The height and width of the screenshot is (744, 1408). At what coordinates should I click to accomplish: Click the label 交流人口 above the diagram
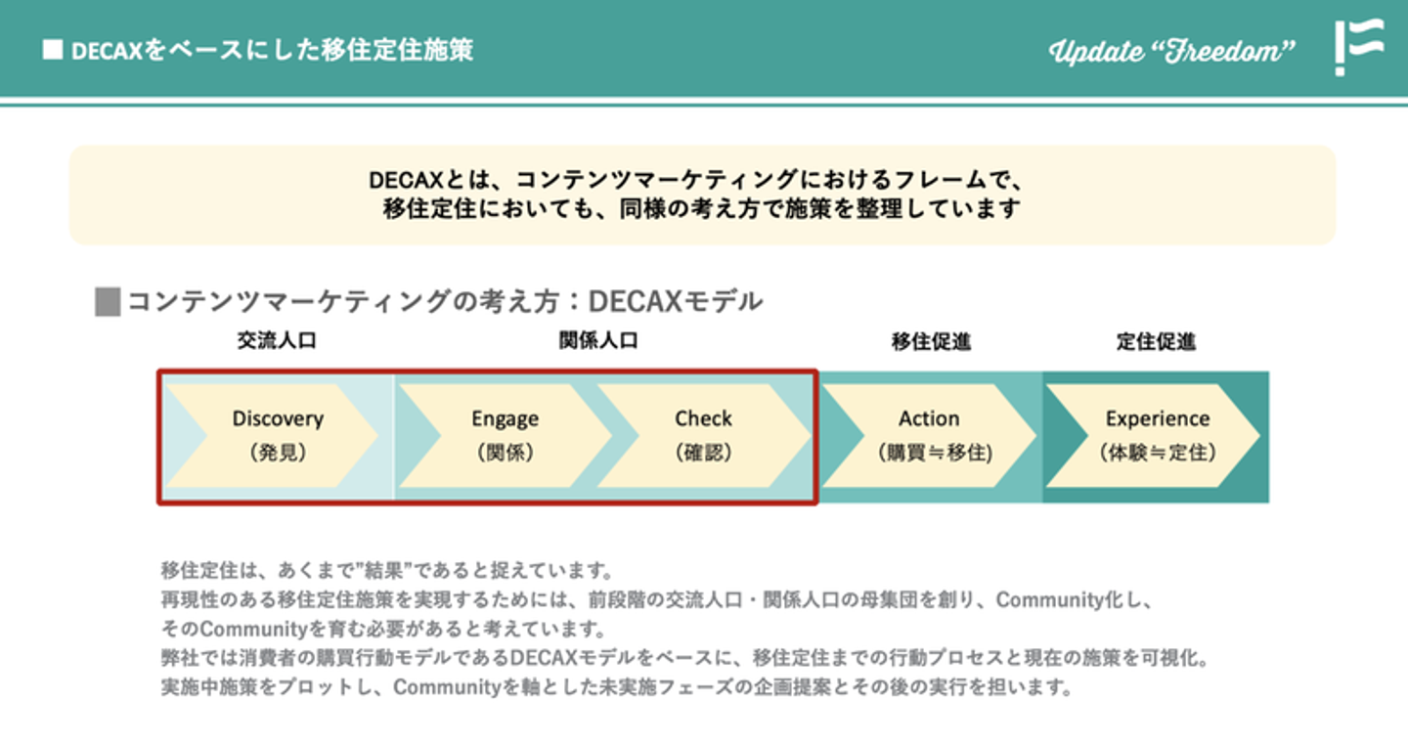(x=277, y=340)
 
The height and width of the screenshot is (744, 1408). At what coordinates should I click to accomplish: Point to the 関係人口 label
(x=598, y=340)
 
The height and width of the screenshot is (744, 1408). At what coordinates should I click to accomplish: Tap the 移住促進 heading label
(x=931, y=342)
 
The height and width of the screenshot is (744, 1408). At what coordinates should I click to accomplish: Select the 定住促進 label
(x=1156, y=342)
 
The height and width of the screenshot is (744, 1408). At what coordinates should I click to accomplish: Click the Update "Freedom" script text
(x=1171, y=51)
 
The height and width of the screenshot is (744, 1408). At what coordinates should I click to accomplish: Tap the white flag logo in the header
(x=1359, y=47)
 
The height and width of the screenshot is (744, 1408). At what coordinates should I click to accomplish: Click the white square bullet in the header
(x=53, y=50)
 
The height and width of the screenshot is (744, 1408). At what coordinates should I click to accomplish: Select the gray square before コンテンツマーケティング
(x=108, y=302)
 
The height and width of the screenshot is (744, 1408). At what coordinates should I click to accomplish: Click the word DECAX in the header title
(x=108, y=51)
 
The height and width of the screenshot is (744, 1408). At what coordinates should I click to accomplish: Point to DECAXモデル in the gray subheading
(x=675, y=302)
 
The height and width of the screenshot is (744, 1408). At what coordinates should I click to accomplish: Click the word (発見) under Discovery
(x=278, y=453)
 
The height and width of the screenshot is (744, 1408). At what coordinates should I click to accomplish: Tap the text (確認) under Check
(x=703, y=453)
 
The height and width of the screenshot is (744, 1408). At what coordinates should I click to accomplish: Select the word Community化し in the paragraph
(x=1075, y=600)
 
